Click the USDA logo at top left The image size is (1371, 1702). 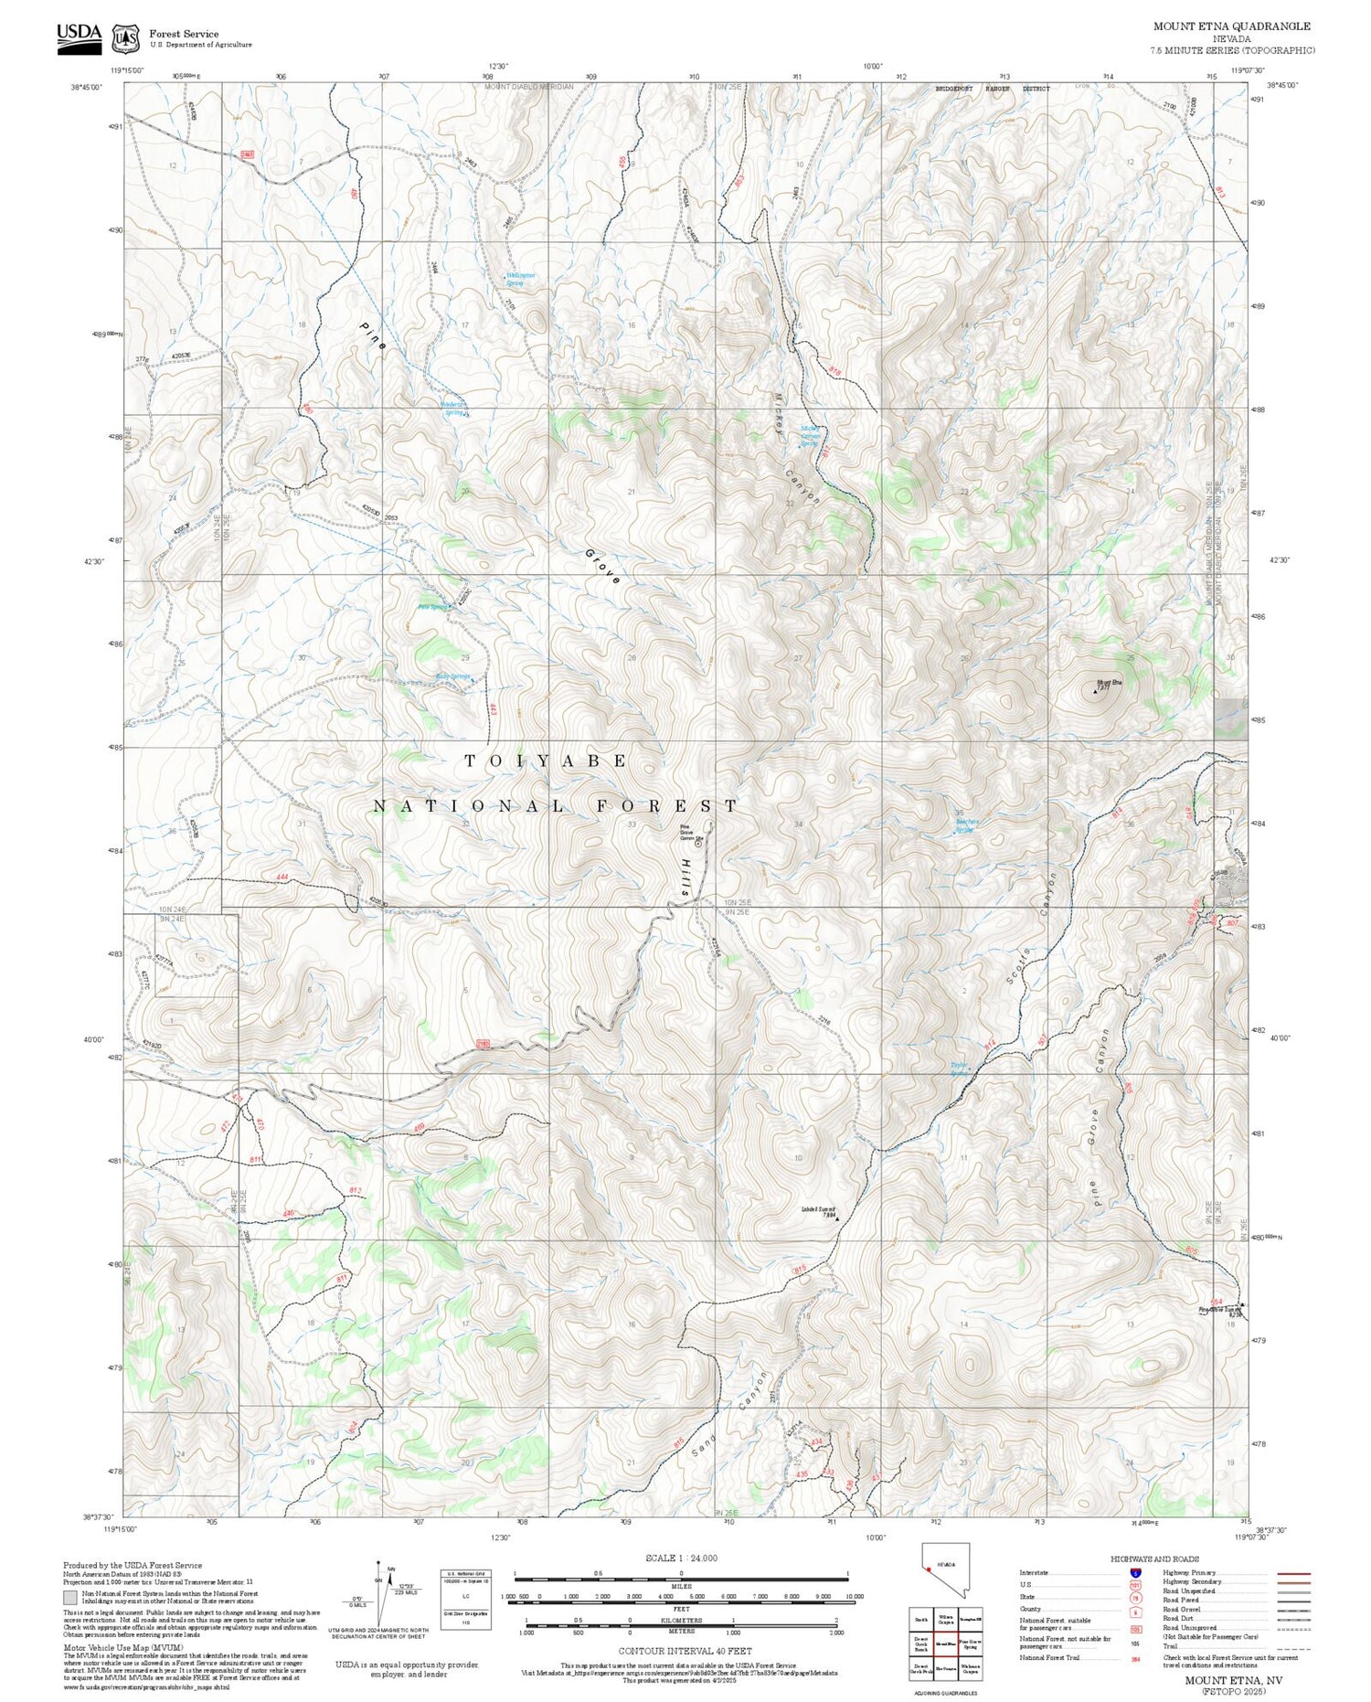(x=79, y=38)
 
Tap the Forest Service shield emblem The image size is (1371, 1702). (x=124, y=38)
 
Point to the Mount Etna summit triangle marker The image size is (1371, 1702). (x=1095, y=692)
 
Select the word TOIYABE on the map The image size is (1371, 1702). (x=547, y=761)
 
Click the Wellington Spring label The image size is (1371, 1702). (x=520, y=279)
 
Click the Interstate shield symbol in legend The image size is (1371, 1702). (x=1136, y=1572)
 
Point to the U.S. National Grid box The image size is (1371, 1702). (x=465, y=1597)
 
